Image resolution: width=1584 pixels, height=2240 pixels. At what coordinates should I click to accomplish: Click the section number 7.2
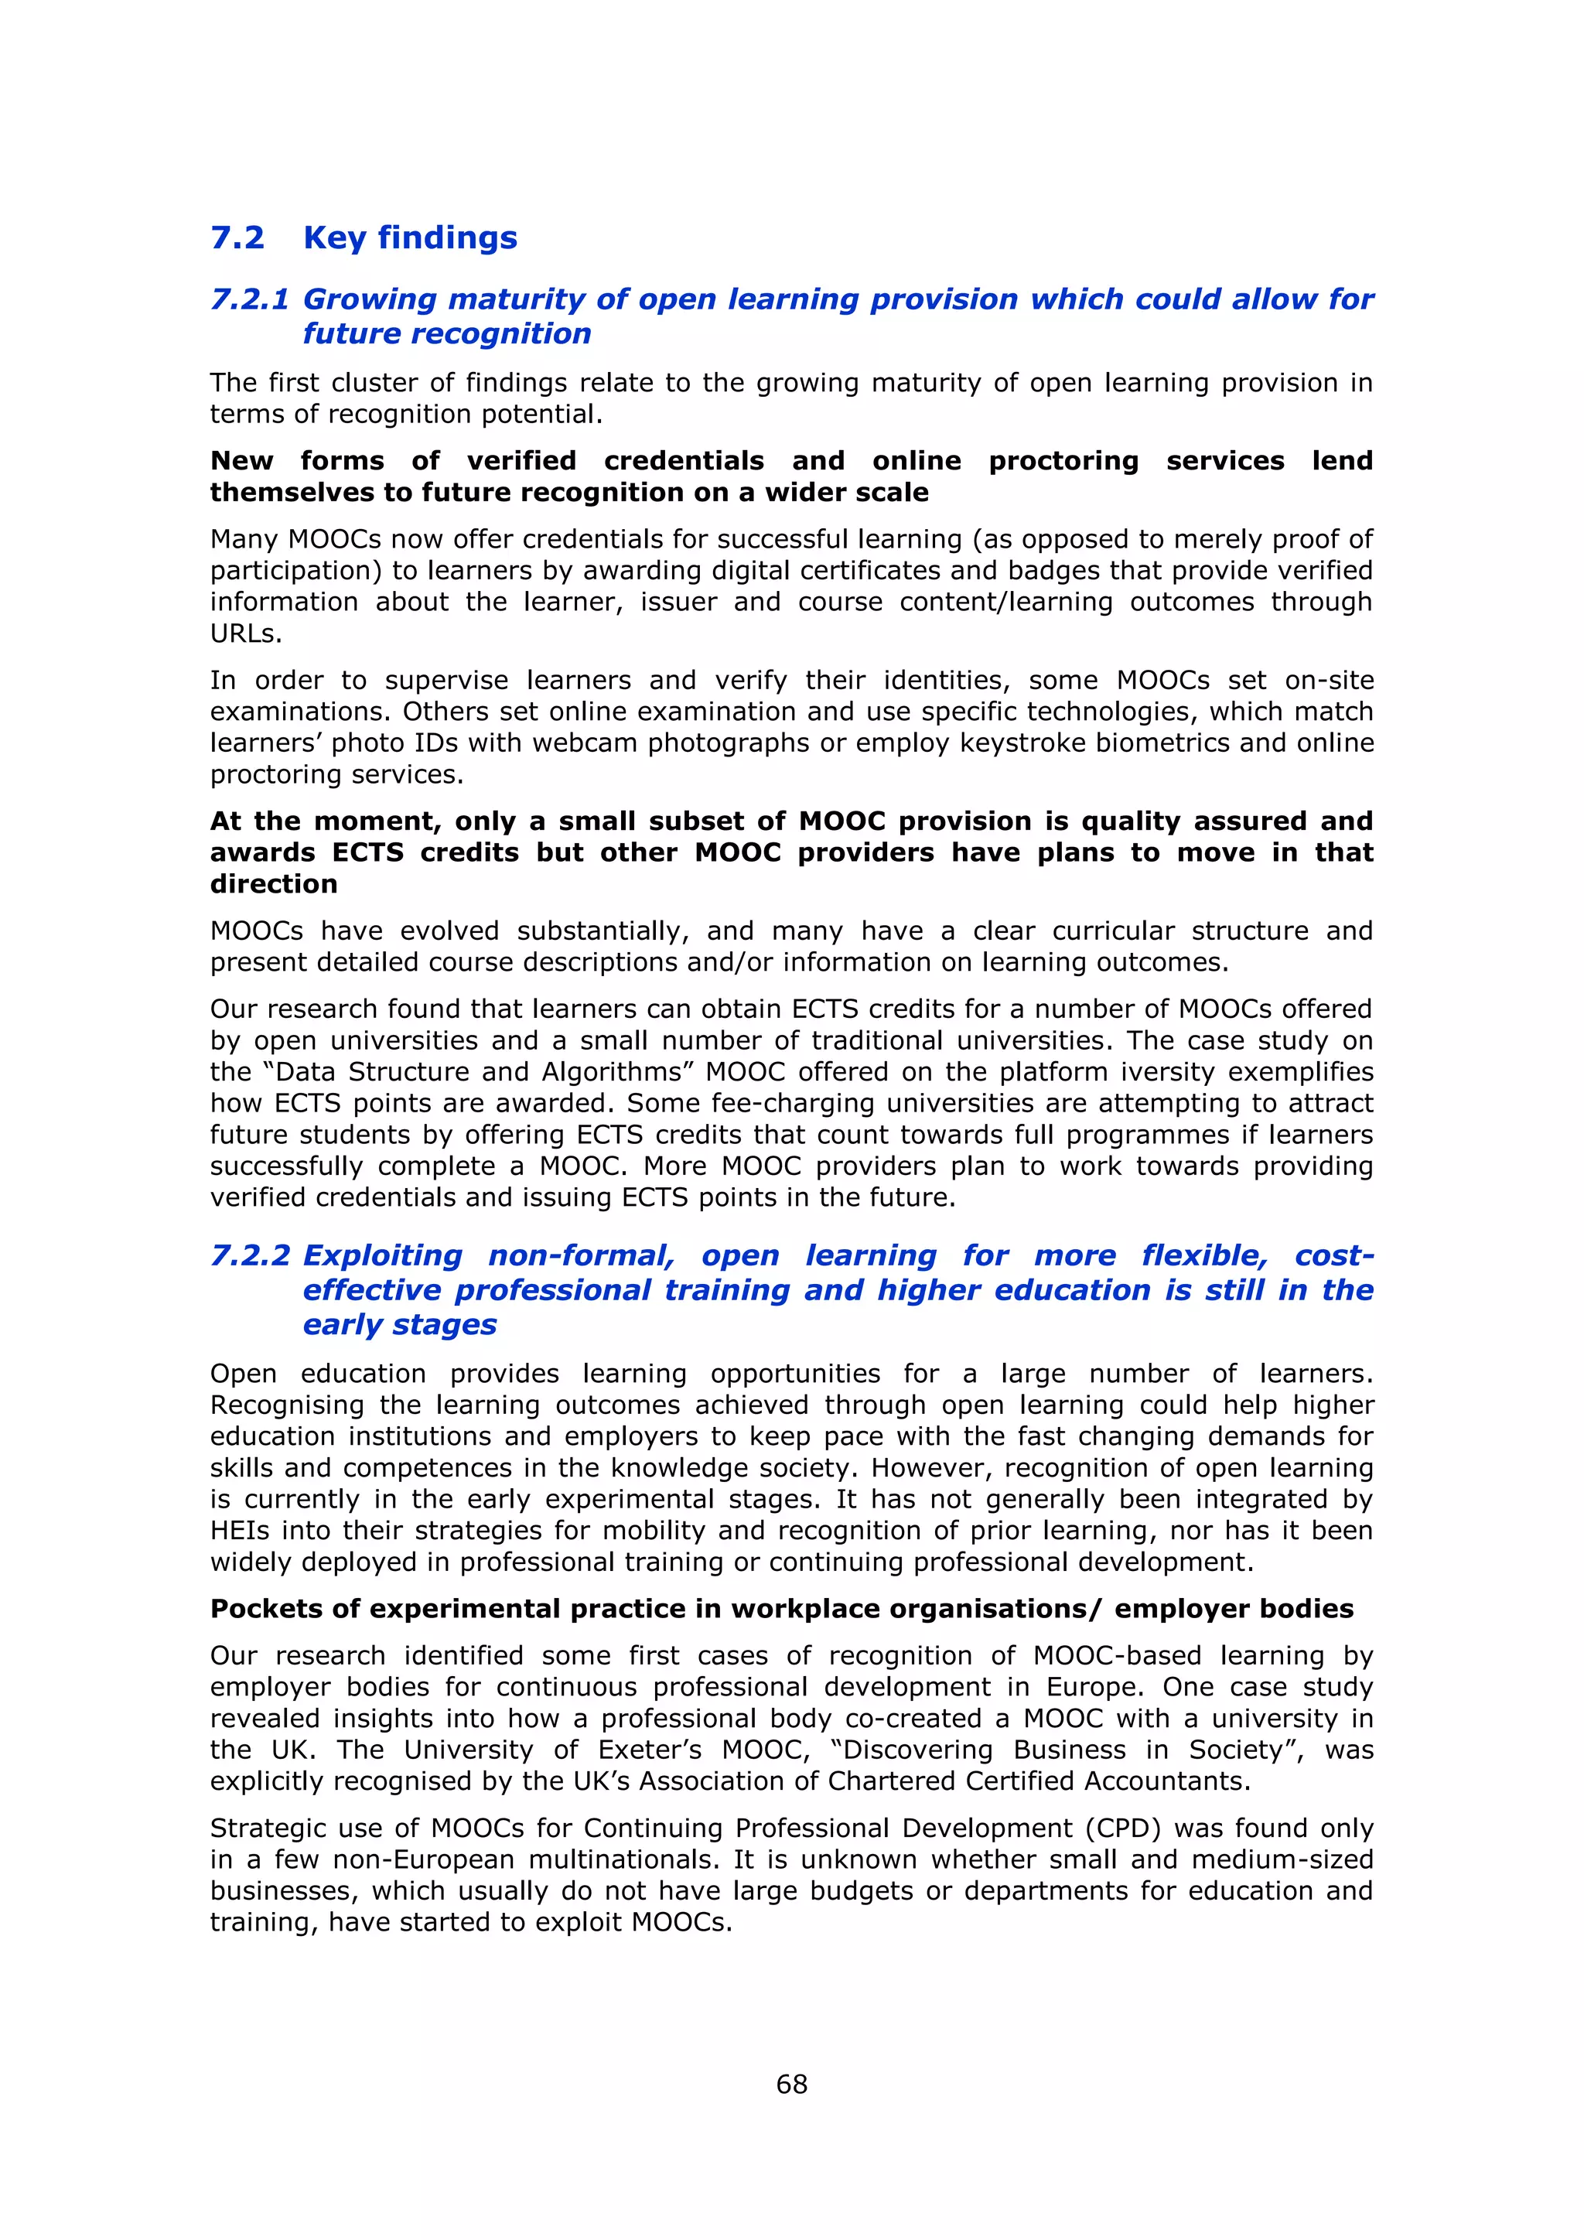pyautogui.click(x=237, y=238)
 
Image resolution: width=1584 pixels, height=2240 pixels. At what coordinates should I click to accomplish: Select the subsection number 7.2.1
pyautogui.click(x=250, y=299)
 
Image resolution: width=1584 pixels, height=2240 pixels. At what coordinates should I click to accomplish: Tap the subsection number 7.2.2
pyautogui.click(x=250, y=1255)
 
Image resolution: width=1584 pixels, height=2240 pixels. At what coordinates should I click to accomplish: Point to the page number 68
pyautogui.click(x=791, y=2084)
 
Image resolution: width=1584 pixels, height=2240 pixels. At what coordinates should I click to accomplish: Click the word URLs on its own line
pyautogui.click(x=246, y=634)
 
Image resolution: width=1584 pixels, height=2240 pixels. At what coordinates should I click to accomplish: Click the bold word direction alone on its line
pyautogui.click(x=273, y=885)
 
